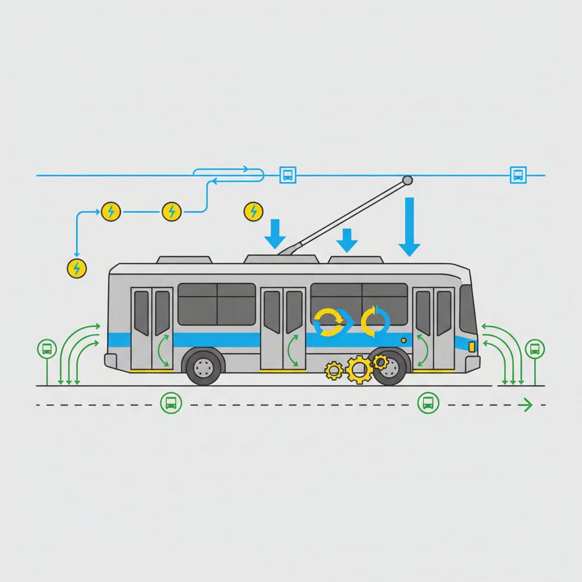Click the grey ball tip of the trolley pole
click(x=407, y=181)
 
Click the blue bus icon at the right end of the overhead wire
click(x=518, y=174)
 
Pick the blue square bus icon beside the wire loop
click(x=288, y=174)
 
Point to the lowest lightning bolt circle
click(x=77, y=268)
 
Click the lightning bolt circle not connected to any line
click(x=253, y=211)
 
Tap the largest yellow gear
click(x=359, y=369)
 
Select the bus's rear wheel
click(x=204, y=368)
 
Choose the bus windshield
click(x=467, y=310)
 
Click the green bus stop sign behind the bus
click(x=46, y=349)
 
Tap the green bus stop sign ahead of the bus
click(x=535, y=348)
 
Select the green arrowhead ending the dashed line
click(x=527, y=405)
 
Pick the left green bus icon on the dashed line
click(x=170, y=403)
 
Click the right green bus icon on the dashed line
click(x=428, y=403)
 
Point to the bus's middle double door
click(x=282, y=329)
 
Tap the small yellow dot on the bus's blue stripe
click(x=404, y=340)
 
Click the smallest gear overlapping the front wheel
click(x=380, y=361)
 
